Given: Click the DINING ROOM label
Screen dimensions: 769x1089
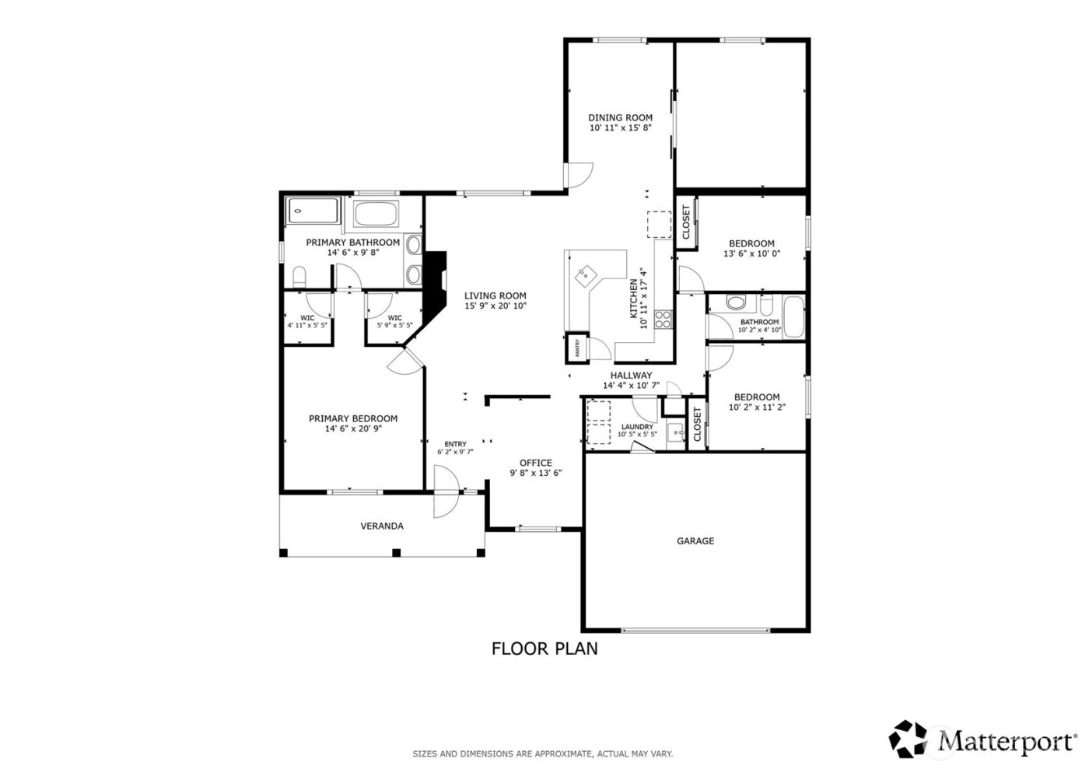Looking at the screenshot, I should click(620, 118).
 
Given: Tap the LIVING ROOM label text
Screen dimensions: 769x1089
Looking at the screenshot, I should click(495, 295).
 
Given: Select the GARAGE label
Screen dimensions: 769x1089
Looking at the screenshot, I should click(695, 541).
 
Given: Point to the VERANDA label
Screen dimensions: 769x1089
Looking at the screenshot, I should click(382, 526).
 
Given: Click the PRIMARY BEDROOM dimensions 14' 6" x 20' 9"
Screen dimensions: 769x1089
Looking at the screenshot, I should click(353, 428).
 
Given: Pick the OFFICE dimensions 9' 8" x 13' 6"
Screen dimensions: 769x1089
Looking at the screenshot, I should click(536, 473).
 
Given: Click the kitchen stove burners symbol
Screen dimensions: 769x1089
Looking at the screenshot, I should click(664, 318).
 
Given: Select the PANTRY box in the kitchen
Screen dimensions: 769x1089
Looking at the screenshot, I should click(576, 349).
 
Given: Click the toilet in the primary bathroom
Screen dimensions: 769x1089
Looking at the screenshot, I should click(299, 276).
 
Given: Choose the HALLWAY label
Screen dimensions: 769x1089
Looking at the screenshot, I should click(631, 376).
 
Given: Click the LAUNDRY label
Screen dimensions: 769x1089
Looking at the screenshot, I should click(637, 427).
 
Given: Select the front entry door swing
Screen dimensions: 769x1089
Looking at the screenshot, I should click(446, 491).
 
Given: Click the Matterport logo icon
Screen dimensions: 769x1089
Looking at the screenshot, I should click(912, 739).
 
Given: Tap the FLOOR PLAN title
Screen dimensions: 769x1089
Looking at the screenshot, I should click(544, 648).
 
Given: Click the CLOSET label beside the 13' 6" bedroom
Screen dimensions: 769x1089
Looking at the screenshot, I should click(686, 222).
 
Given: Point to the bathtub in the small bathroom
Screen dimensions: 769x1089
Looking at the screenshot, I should click(793, 317).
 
